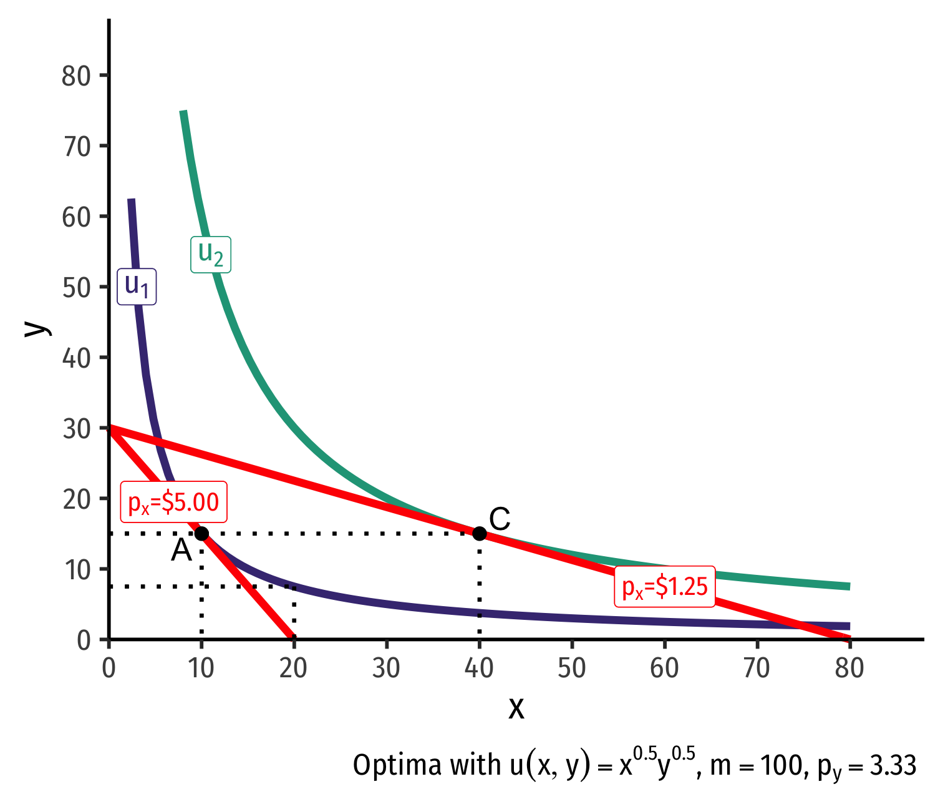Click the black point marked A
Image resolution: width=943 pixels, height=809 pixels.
(201, 533)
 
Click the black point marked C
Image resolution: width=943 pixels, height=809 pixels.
(479, 533)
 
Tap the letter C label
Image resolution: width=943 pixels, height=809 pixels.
(500, 519)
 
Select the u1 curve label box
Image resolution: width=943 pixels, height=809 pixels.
(137, 287)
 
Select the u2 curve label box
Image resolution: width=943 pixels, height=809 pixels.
(211, 254)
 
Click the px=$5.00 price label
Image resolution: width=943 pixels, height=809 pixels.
(173, 502)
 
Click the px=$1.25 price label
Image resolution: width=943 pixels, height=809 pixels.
(665, 587)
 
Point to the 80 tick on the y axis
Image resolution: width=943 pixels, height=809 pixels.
(77, 76)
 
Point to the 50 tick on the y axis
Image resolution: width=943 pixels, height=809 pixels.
(77, 288)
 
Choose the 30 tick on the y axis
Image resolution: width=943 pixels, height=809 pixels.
(77, 429)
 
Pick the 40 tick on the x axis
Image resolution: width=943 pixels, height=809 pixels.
(479, 669)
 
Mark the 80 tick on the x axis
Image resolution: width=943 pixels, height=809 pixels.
(849, 669)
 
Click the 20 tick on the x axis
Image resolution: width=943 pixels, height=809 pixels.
(294, 669)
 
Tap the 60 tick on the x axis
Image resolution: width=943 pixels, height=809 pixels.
(664, 669)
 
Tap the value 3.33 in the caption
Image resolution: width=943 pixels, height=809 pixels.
(893, 765)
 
